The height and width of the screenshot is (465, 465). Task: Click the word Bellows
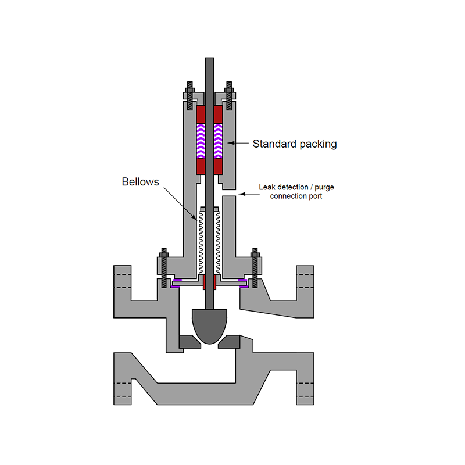pos(140,182)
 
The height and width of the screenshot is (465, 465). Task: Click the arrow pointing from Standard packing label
pos(238,143)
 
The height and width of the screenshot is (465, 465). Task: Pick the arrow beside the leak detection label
pos(246,194)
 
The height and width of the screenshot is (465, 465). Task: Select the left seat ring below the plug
pos(189,342)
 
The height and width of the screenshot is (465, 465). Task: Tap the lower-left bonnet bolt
pos(163,265)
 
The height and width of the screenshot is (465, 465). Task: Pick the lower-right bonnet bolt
pos(255,265)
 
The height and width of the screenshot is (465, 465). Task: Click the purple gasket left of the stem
pos(177,283)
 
